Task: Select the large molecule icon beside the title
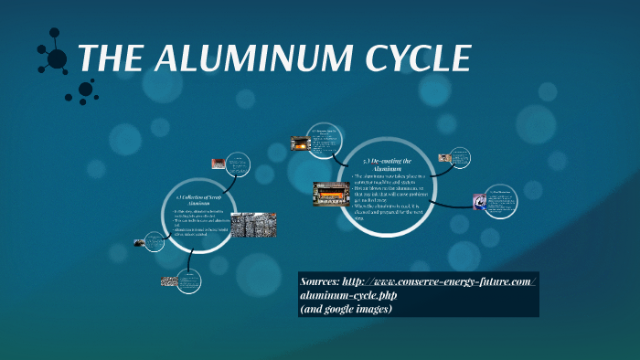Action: (x=57, y=59)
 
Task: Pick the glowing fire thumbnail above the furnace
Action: (x=298, y=143)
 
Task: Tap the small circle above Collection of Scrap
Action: (x=238, y=164)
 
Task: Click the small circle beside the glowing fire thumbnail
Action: (x=327, y=139)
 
